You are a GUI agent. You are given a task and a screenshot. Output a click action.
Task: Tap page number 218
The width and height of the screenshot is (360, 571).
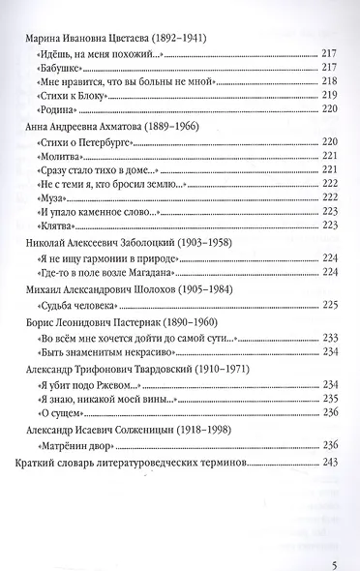click(x=328, y=83)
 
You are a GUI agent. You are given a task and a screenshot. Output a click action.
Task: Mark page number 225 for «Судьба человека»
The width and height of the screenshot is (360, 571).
click(x=328, y=304)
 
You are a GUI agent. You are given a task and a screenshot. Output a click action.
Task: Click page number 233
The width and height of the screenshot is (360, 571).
click(x=328, y=338)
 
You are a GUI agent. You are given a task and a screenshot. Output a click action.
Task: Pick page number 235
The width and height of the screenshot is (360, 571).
click(x=328, y=398)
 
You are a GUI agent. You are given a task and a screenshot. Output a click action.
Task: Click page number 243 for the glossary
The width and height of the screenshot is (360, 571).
click(x=328, y=463)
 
